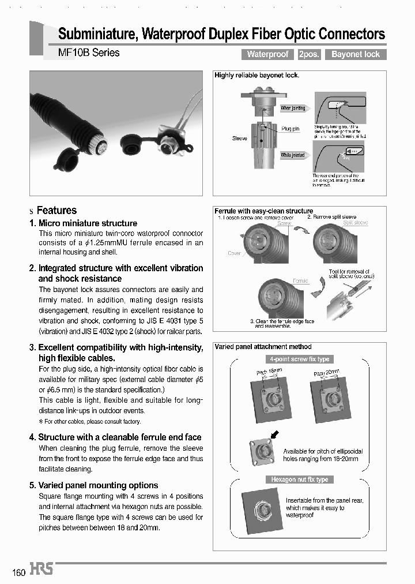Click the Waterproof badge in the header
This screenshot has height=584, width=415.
pyautogui.click(x=267, y=54)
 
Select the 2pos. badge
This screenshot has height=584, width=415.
pyautogui.click(x=310, y=54)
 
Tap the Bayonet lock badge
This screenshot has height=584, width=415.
pyautogui.click(x=356, y=54)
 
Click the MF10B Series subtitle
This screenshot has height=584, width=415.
pyautogui.click(x=89, y=53)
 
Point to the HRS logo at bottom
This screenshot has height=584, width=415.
pyautogui.click(x=41, y=570)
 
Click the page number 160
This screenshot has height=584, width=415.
pyautogui.click(x=18, y=572)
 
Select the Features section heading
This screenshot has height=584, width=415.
pyautogui.click(x=56, y=211)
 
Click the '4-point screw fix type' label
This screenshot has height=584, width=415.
pyautogui.click(x=299, y=359)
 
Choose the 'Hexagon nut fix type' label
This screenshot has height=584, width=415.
pyautogui.click(x=299, y=480)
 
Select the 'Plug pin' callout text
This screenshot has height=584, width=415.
pyautogui.click(x=290, y=129)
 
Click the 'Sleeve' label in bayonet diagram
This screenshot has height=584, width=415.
pyautogui.click(x=239, y=138)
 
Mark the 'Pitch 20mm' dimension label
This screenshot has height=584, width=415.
pyautogui.click(x=326, y=373)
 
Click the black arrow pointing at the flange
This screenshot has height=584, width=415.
pyautogui.click(x=275, y=435)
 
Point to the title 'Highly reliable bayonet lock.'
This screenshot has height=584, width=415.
pyautogui.click(x=256, y=76)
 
